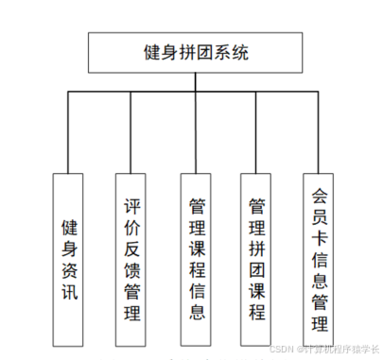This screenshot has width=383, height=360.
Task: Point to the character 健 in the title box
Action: coord(148,53)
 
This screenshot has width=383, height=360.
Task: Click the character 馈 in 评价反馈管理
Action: coord(132,270)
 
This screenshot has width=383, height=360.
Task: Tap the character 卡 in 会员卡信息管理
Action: coord(320,233)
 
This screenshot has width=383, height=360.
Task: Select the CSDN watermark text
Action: coord(322,349)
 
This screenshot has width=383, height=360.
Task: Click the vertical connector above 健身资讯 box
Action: coord(70,131)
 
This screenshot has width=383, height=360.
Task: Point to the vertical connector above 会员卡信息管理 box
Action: coord(320,131)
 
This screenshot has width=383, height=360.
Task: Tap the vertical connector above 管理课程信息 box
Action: coord(196,131)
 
